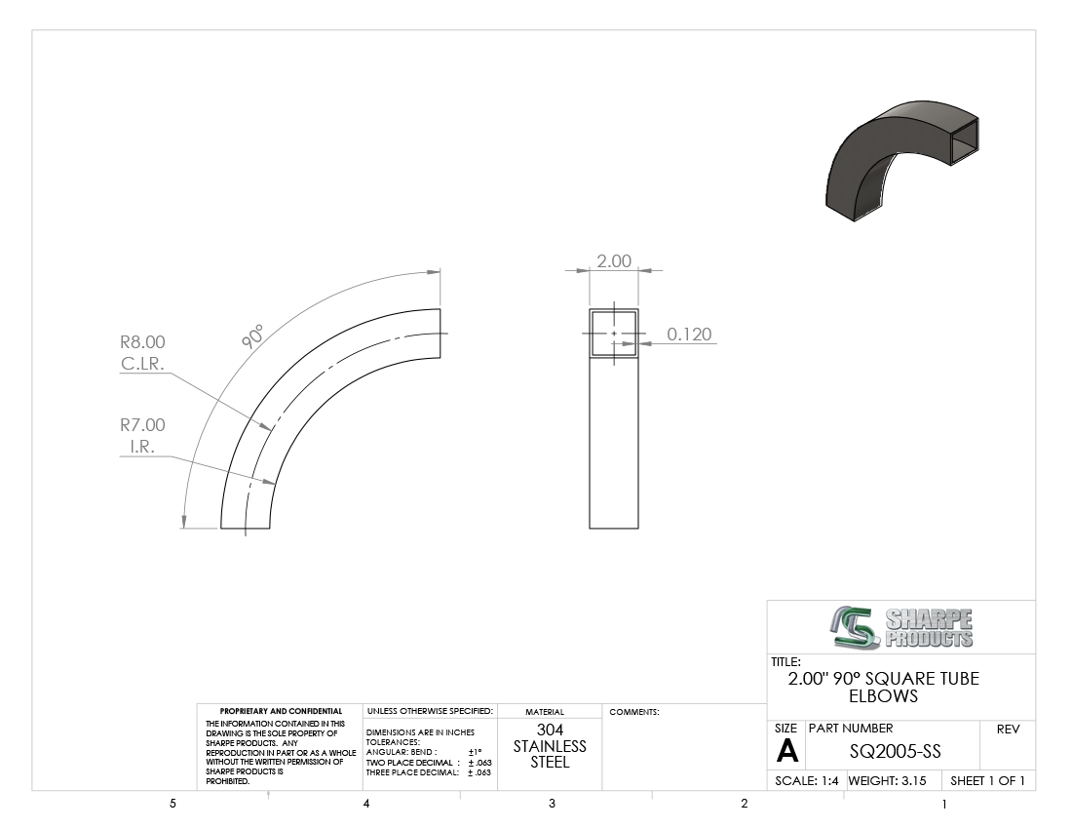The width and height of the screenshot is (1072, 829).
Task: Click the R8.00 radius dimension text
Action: [x=143, y=341]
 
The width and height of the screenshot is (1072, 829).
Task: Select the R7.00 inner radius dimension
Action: [x=143, y=425]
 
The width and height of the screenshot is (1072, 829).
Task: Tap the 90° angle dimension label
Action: [x=252, y=337]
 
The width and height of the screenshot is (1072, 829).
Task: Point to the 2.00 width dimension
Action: [x=614, y=260]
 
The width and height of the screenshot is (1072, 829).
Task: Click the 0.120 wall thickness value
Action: [x=689, y=334]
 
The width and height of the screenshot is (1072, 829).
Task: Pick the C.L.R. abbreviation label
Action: [x=143, y=364]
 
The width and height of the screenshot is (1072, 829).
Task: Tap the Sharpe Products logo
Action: [x=902, y=627]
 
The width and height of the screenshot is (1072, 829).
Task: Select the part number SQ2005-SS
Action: [x=895, y=752]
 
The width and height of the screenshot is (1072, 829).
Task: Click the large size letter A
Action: [x=786, y=752]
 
